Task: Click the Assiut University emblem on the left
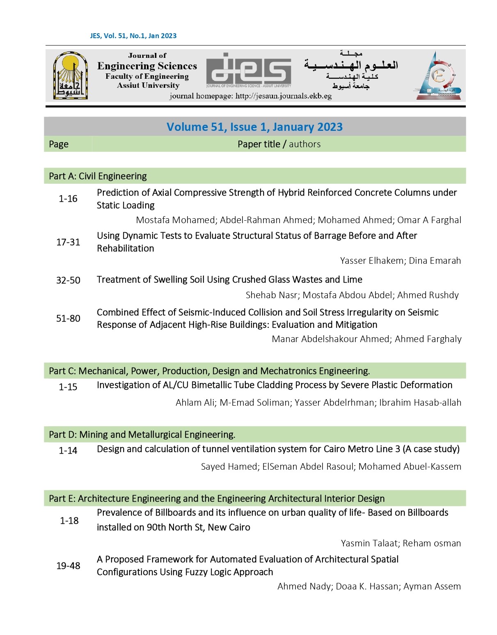coord(70,75)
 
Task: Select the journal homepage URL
coord(250,96)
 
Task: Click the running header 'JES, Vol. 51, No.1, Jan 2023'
coord(133,36)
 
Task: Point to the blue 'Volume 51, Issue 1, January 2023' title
coord(254,127)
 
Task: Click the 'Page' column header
coord(59,144)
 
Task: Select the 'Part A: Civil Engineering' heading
coord(98,176)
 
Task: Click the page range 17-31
coord(68,242)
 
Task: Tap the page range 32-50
coord(68,280)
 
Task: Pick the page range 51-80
coord(68,318)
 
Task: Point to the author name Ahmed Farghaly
coord(428,339)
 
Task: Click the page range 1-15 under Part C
coord(68,387)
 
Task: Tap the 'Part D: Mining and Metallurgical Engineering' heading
coord(142,435)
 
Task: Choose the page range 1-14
coord(68,450)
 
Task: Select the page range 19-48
coord(68,566)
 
